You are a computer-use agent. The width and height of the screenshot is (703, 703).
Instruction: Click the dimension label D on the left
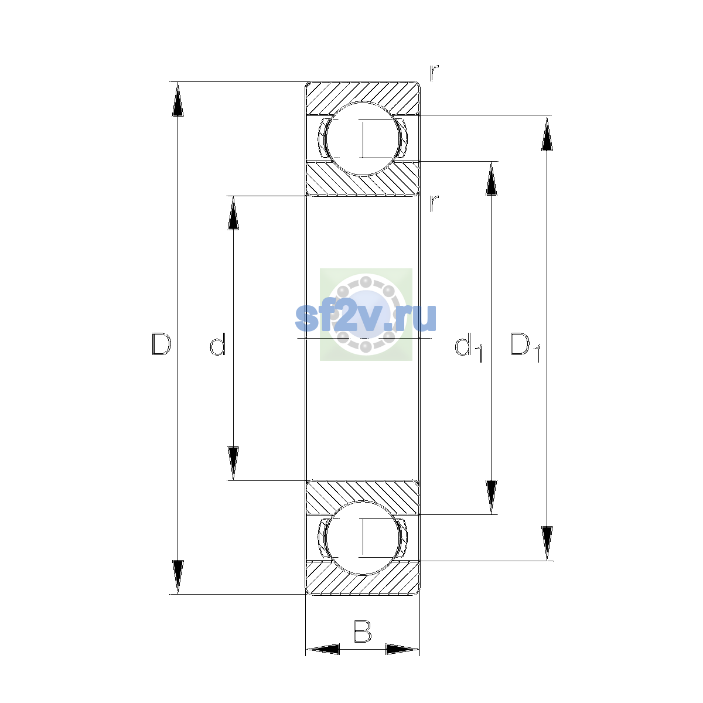point(161,344)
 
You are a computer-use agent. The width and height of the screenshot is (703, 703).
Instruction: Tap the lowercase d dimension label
point(218,344)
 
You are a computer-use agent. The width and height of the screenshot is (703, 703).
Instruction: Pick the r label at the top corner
point(434,73)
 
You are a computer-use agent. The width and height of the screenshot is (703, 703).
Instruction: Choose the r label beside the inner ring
point(434,203)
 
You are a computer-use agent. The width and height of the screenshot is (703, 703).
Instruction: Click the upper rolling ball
point(363,139)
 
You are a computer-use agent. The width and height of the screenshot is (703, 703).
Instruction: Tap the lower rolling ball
point(363,538)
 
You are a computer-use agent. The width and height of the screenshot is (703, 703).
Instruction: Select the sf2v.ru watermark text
point(366,318)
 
